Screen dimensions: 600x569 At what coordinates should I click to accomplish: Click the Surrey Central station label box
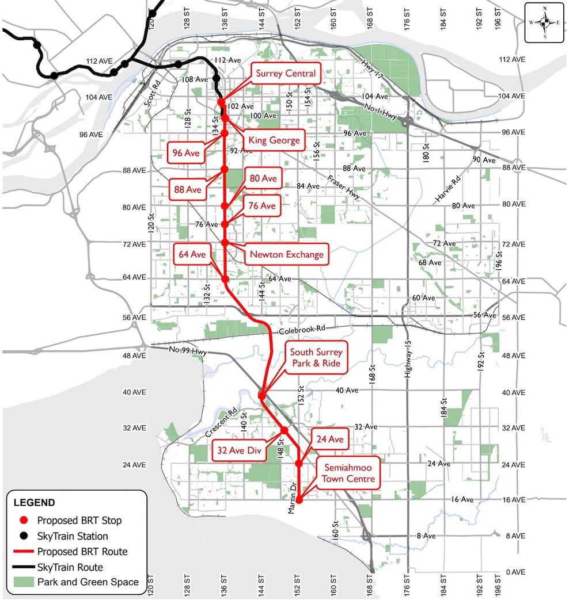tap(286, 74)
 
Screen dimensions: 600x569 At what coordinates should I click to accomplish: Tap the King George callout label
tap(274, 140)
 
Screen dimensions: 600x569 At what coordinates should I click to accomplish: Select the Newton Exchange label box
tap(286, 254)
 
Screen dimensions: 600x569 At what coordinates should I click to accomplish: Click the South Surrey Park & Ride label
tap(316, 358)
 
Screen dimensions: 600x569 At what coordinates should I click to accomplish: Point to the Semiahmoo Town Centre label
tap(348, 473)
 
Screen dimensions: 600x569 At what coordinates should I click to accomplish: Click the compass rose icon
tap(544, 22)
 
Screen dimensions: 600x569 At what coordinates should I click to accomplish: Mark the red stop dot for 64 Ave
tap(225, 280)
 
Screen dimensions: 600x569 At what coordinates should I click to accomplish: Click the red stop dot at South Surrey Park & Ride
tap(262, 396)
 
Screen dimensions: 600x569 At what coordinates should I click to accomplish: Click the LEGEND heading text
tap(34, 503)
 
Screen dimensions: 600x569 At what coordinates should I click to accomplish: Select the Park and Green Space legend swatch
tap(23, 582)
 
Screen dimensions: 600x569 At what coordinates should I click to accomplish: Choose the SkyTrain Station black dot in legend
tap(24, 536)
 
